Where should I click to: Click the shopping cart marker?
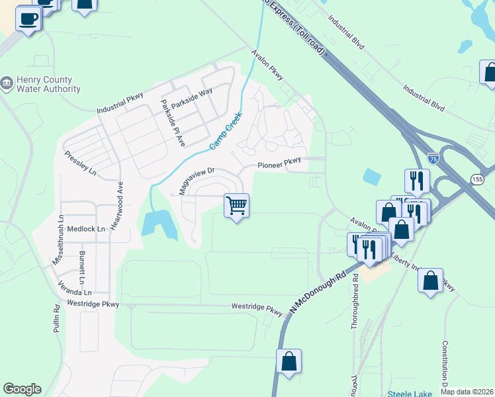[236, 206]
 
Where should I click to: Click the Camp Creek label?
[226, 130]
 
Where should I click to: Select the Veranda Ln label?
[73, 292]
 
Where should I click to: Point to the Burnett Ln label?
[82, 263]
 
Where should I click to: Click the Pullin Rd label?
[57, 318]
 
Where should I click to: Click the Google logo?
[22, 389]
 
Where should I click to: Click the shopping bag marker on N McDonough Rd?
[289, 361]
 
